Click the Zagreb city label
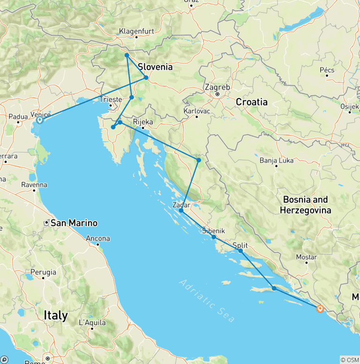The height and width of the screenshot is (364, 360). click(x=217, y=87)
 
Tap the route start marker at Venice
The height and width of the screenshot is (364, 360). click(x=39, y=121)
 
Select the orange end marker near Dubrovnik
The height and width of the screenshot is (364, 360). click(x=320, y=309)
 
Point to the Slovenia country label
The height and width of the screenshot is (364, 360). click(x=155, y=67)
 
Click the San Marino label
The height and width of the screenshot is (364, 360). click(x=74, y=223)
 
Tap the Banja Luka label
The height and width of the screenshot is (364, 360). click(x=277, y=160)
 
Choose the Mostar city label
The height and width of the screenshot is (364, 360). click(x=307, y=257)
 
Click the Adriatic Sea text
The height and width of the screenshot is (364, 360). click(x=207, y=300)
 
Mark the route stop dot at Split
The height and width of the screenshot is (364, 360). click(x=241, y=251)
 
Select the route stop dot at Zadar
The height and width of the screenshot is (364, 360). click(x=181, y=211)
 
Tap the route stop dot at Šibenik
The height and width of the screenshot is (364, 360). click(x=214, y=237)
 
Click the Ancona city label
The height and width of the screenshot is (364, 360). click(x=97, y=238)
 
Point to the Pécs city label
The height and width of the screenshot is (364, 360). click(x=327, y=70)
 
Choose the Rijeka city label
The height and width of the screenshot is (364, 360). click(x=143, y=122)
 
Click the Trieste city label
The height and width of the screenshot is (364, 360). click(x=111, y=99)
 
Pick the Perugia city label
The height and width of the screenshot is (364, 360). click(x=43, y=272)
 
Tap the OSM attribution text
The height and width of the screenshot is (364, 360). click(x=349, y=360)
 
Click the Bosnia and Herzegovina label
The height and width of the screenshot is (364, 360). click(x=305, y=205)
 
